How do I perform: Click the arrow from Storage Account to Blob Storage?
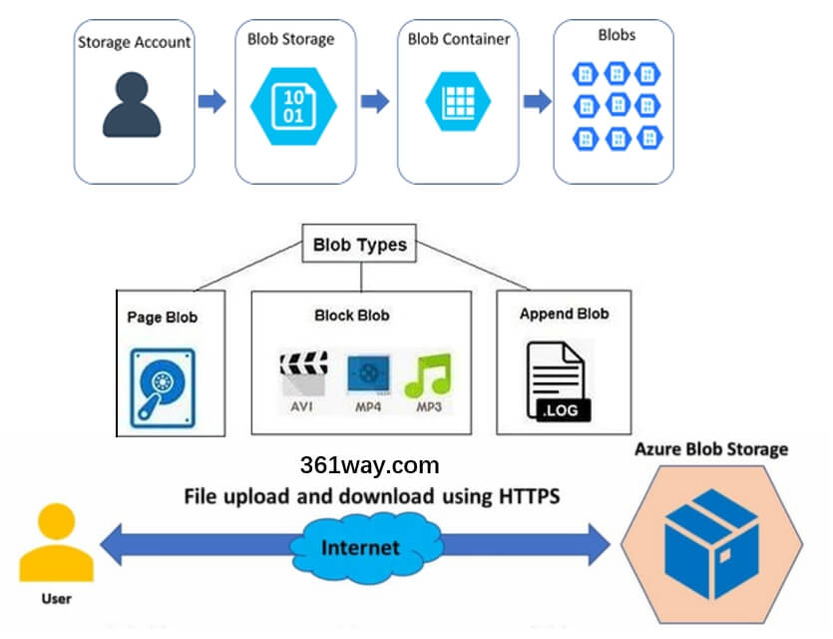[211, 101]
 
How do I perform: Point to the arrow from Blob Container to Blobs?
[538, 101]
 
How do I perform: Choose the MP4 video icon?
[366, 374]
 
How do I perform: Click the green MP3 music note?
[427, 375]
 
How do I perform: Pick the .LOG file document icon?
[559, 380]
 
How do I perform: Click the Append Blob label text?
[564, 314]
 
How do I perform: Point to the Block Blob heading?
[351, 316]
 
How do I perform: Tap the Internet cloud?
[360, 547]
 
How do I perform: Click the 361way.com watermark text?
[369, 465]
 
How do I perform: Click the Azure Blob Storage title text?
[710, 449]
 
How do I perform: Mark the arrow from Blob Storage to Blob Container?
[374, 101]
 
